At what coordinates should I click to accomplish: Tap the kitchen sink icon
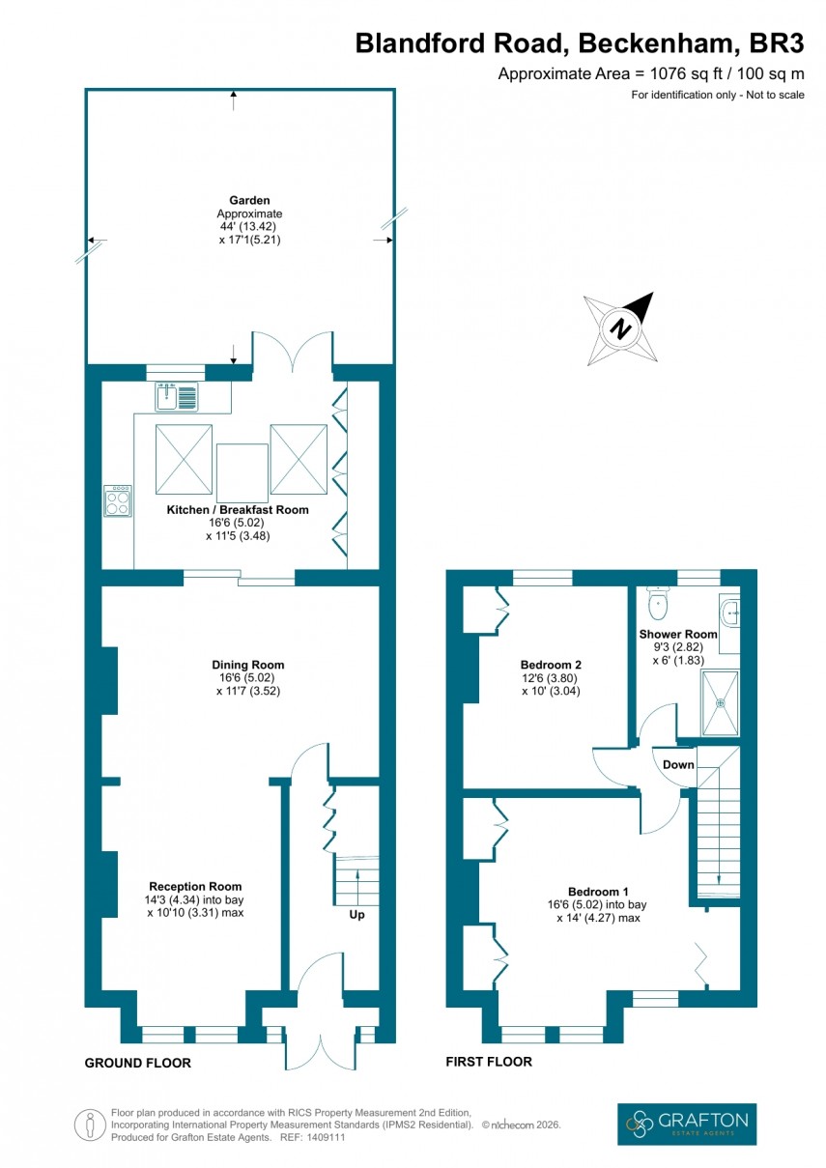(176, 396)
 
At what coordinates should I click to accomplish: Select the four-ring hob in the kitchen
(118, 500)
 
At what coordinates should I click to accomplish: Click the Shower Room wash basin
(730, 611)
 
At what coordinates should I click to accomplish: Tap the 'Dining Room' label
(248, 665)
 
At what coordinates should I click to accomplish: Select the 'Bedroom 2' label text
(551, 665)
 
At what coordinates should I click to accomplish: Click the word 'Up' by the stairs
(356, 913)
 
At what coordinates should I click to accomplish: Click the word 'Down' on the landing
(677, 763)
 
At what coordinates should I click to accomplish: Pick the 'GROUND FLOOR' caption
(138, 1063)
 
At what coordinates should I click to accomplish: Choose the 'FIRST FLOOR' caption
(489, 1062)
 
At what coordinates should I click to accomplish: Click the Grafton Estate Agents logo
(687, 1124)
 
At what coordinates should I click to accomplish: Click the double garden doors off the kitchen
(293, 353)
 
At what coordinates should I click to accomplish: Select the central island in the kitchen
(242, 470)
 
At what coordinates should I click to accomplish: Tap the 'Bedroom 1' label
(598, 891)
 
